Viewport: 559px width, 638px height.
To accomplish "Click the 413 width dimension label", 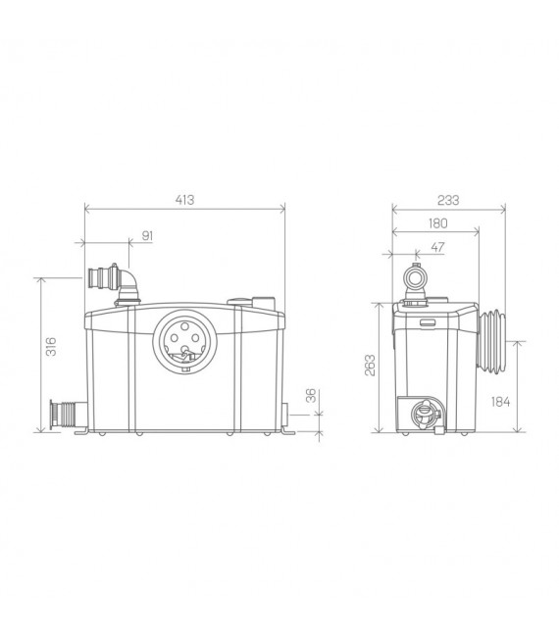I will click(x=184, y=200).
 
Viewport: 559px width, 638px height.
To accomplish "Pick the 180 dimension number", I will click(x=437, y=222).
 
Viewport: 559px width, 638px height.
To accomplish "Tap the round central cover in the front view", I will click(x=182, y=344).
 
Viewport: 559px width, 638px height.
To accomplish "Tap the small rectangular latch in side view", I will click(x=428, y=320).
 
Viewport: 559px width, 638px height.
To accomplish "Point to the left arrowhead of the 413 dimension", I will click(x=87, y=208).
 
